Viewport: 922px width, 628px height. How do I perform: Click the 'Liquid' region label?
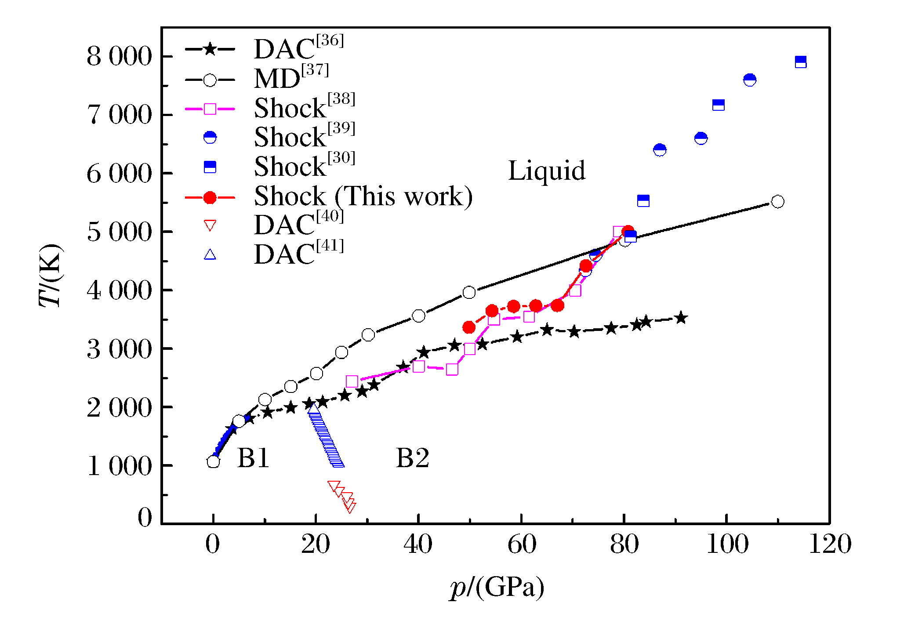tap(547, 171)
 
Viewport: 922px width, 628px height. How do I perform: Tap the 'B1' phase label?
tap(253, 458)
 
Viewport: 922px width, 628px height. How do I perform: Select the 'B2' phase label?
tap(412, 458)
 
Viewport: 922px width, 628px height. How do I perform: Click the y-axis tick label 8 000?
tap(119, 57)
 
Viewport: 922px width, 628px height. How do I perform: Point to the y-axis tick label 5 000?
tap(119, 232)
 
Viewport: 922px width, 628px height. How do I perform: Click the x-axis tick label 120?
tap(830, 544)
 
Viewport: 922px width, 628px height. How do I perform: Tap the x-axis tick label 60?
tap(522, 544)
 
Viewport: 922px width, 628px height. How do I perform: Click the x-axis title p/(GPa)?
tap(497, 587)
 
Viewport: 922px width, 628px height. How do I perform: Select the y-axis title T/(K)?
tap(51, 275)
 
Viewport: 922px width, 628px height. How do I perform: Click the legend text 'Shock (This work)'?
tap(363, 196)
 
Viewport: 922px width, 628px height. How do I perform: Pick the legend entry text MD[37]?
tap(291, 78)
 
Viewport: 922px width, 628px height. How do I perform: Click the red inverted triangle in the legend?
tap(210, 226)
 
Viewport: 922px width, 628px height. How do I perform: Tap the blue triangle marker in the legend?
tap(210, 255)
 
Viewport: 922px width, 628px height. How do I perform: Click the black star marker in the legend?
tap(210, 49)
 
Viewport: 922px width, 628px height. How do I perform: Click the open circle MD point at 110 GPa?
tap(778, 202)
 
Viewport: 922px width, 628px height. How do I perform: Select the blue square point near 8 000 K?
tap(801, 62)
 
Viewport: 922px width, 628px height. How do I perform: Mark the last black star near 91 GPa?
tap(681, 318)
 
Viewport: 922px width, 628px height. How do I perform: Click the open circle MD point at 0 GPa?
tap(213, 461)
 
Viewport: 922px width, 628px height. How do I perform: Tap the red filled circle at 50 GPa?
tap(469, 327)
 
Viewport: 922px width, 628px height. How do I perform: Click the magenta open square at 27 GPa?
tap(352, 381)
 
